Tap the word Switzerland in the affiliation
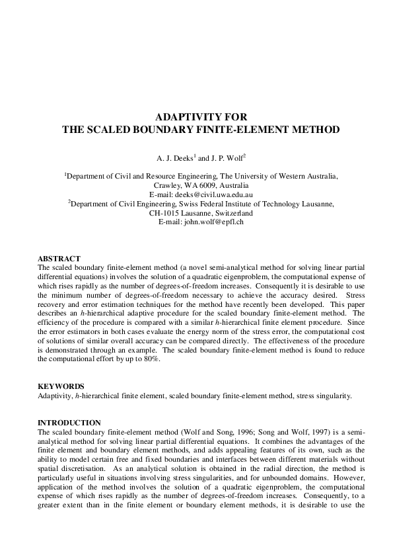click(231, 214)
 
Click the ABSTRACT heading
click(59, 258)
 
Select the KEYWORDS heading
click(61, 386)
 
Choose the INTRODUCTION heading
click(69, 423)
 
